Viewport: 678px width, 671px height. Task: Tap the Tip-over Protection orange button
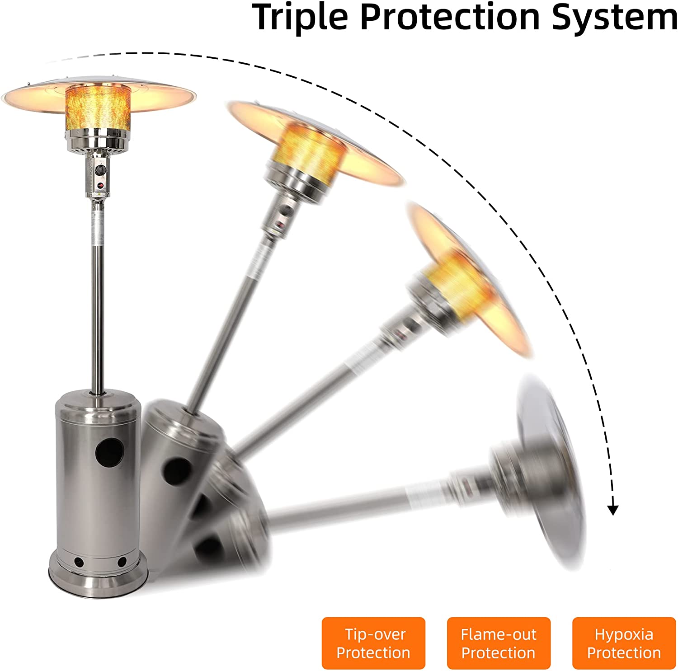(373, 643)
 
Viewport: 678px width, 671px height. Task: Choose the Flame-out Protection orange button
(499, 643)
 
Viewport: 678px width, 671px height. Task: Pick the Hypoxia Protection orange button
(624, 643)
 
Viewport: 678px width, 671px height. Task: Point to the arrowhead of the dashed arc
(612, 510)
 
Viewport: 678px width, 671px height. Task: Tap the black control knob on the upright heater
(100, 170)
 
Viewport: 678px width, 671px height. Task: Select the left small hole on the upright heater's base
(79, 563)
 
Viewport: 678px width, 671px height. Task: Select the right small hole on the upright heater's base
(122, 562)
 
